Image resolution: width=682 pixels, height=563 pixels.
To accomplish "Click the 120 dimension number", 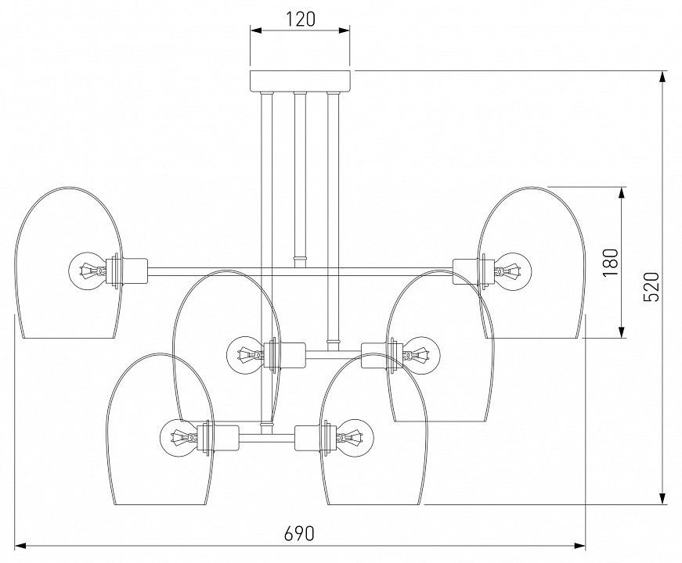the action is tap(300, 20).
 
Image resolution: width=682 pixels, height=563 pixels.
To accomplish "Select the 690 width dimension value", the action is tap(299, 533).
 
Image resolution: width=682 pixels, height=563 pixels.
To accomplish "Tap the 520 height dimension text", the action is tap(651, 287).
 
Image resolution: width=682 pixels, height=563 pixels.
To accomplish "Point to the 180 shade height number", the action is tap(610, 263).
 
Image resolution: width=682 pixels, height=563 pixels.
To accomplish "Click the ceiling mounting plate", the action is tap(300, 81).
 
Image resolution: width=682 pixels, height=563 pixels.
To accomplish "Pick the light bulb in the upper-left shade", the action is tap(88, 271).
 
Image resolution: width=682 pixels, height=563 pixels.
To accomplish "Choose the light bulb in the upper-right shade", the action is tap(513, 271).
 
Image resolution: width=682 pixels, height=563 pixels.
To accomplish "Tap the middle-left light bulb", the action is tap(245, 355).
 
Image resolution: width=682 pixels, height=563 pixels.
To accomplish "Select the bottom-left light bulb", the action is tap(179, 437).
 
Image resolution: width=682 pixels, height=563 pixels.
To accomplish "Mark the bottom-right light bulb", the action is tap(355, 437).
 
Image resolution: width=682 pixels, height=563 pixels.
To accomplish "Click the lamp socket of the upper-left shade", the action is tap(127, 271).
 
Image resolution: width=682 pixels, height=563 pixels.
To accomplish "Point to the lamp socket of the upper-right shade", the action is tap(474, 271).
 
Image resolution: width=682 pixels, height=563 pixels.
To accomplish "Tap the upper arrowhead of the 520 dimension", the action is tap(662, 77).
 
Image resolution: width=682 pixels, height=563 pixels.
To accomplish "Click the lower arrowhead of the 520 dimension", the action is tap(662, 498).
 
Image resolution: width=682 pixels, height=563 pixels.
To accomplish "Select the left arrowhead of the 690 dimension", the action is tap(22, 545).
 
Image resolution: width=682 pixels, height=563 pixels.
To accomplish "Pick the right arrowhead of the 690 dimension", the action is tap(579, 545).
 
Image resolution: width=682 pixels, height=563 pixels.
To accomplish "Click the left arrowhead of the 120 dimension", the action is tap(257, 30).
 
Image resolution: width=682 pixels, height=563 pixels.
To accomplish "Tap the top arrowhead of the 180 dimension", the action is tap(622, 194).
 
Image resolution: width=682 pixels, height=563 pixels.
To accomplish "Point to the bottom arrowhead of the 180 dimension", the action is tap(622, 332).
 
